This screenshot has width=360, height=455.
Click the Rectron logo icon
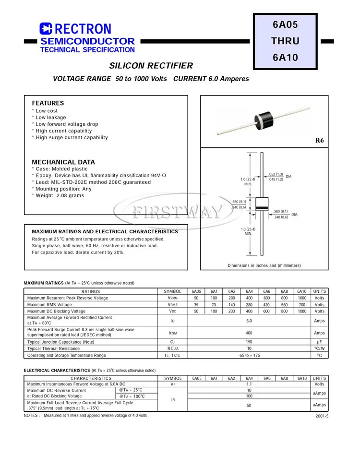(46, 29)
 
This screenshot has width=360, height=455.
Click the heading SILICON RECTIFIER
(151, 66)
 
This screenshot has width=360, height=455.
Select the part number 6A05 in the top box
(285, 24)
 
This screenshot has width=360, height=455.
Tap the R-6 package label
(319, 141)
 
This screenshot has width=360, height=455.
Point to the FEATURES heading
(48, 103)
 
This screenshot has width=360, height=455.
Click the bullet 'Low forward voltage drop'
(67, 124)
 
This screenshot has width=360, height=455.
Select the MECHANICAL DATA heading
(63, 162)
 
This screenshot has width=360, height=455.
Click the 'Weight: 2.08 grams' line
(60, 196)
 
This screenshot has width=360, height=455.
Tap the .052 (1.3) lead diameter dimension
(276, 175)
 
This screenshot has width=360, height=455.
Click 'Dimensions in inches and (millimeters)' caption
(264, 265)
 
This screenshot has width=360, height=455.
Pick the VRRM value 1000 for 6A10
(302, 298)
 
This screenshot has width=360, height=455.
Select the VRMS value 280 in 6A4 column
(249, 305)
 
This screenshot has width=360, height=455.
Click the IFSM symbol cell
(173, 333)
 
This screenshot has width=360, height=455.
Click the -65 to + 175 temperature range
(249, 356)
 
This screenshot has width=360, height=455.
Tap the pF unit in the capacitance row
(319, 342)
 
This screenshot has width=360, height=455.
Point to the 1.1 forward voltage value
(249, 384)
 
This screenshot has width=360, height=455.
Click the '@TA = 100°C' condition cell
(131, 396)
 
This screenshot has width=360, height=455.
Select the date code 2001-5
(322, 416)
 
